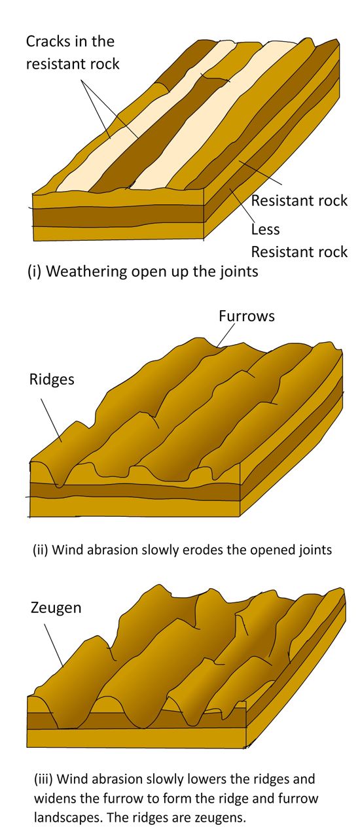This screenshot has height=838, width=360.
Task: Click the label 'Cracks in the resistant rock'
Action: point(72,52)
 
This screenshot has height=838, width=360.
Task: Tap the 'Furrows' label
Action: point(247,316)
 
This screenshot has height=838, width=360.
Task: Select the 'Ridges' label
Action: point(52,379)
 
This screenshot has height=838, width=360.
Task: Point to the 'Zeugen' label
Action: point(56,607)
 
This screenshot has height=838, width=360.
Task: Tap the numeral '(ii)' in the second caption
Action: point(41,550)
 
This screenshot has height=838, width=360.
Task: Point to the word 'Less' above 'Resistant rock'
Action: point(265,229)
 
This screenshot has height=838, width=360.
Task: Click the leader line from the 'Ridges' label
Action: point(51,420)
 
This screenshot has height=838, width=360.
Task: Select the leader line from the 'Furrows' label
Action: point(225,335)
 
